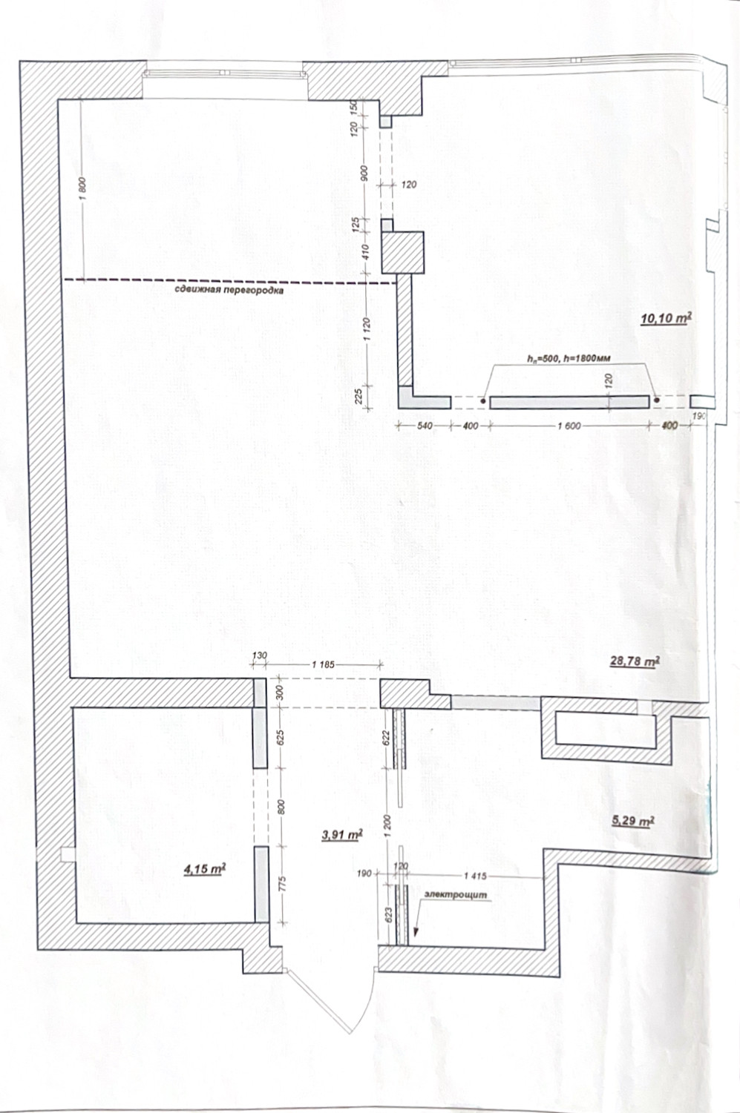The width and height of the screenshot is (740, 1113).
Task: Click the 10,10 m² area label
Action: [x=667, y=319]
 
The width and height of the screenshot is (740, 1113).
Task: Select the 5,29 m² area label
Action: [x=632, y=821]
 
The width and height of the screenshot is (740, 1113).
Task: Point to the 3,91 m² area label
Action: [x=341, y=834]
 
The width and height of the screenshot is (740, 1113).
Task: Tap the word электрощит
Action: [x=455, y=895]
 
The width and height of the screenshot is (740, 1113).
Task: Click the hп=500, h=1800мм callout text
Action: [x=569, y=359]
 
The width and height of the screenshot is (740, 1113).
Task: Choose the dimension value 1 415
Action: [x=477, y=876]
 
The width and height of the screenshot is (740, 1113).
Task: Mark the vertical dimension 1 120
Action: [x=367, y=328]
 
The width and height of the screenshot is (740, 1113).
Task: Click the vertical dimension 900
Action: [x=364, y=174]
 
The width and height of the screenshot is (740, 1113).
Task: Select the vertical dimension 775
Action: [x=282, y=885]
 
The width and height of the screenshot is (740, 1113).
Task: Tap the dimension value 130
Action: [x=259, y=655]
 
